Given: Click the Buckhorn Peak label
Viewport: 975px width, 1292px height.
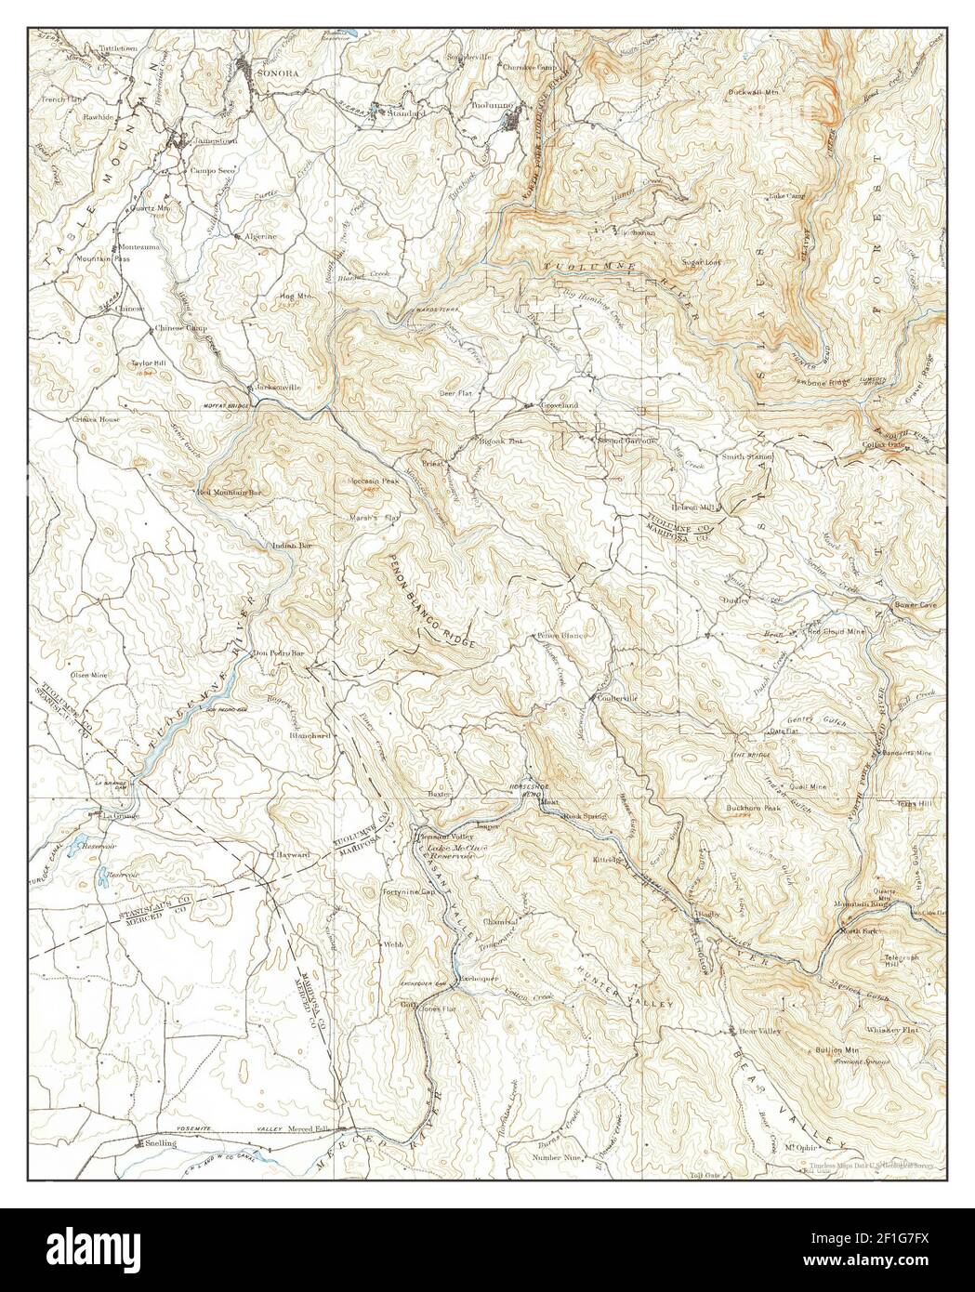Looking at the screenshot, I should (x=753, y=808).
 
